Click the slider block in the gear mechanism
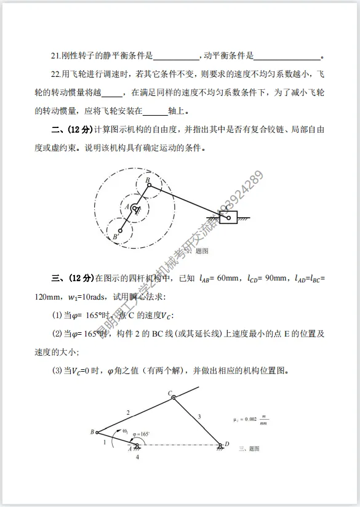[228, 217]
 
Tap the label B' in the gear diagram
[115, 236]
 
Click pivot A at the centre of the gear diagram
[134, 209]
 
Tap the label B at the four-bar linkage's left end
[92, 432]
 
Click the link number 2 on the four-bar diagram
[129, 412]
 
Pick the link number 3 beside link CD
[199, 417]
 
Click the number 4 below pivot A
[137, 457]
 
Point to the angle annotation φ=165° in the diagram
[139, 434]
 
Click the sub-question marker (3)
[57, 372]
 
